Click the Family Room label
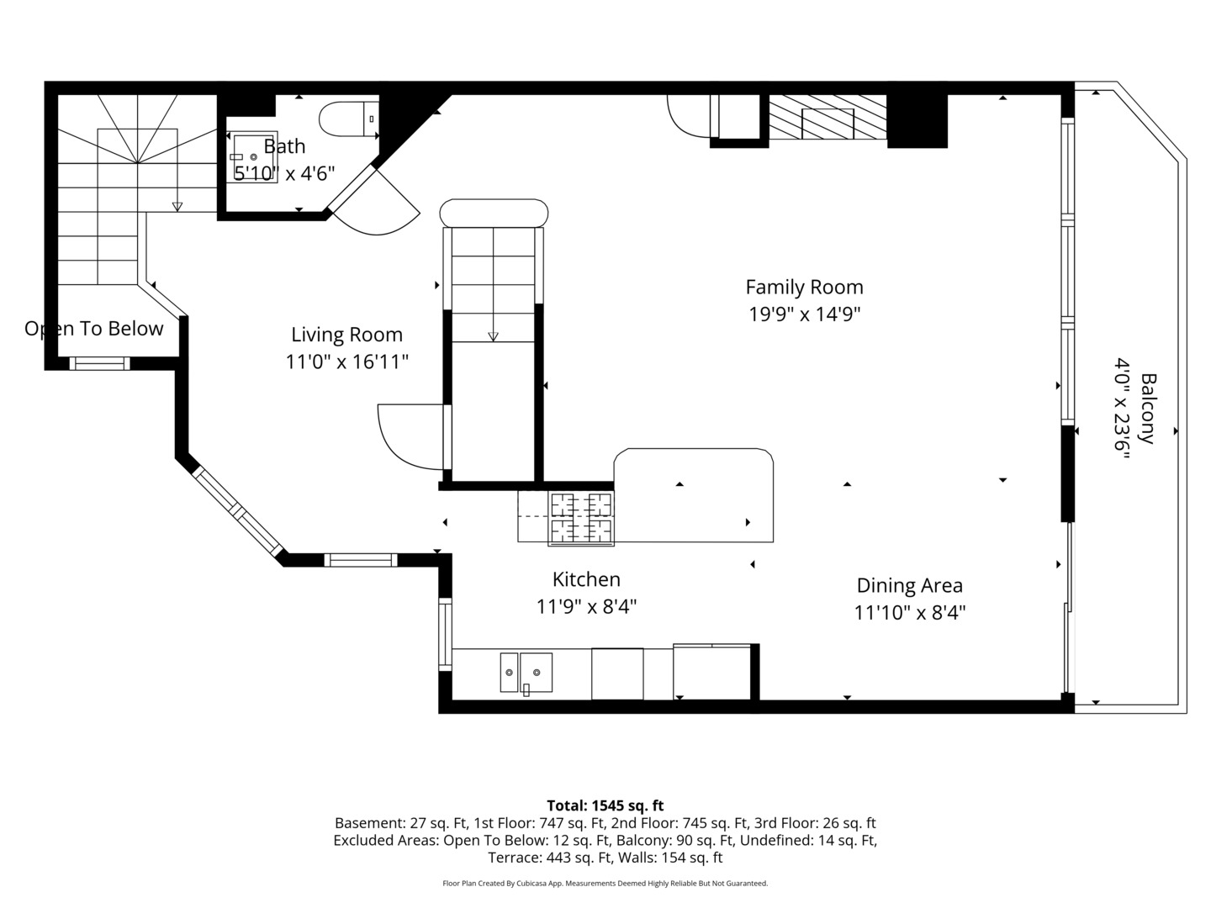[804, 287]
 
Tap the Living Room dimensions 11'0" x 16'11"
[346, 362]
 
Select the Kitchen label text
[586, 579]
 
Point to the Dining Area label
[909, 585]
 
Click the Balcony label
[1148, 409]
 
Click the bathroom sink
[252, 156]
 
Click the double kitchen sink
[526, 672]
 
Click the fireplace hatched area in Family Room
[828, 117]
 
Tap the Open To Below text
[94, 329]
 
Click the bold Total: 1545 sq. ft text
[605, 805]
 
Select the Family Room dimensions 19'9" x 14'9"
[805, 314]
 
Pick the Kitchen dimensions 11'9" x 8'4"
[586, 606]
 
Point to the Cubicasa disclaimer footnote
[605, 883]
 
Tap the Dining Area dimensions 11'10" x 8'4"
[910, 613]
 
